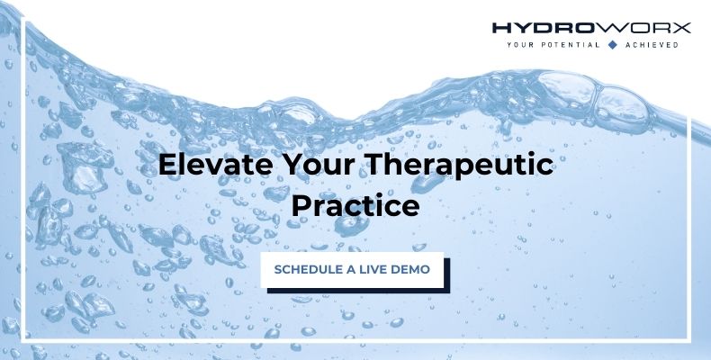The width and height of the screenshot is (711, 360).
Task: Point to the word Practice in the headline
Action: tap(355, 206)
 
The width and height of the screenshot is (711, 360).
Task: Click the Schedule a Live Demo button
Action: tap(352, 269)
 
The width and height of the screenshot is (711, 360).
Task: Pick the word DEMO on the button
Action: tap(409, 269)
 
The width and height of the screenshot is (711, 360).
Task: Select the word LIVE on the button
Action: tap(372, 269)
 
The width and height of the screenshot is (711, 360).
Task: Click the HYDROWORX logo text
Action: tap(591, 28)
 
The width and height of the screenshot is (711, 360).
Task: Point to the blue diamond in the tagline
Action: tap(612, 44)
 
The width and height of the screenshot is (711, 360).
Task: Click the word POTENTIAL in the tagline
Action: tap(569, 44)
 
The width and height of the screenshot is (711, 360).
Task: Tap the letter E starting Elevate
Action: tap(166, 166)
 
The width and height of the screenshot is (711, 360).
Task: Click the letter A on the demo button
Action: tap(351, 269)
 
